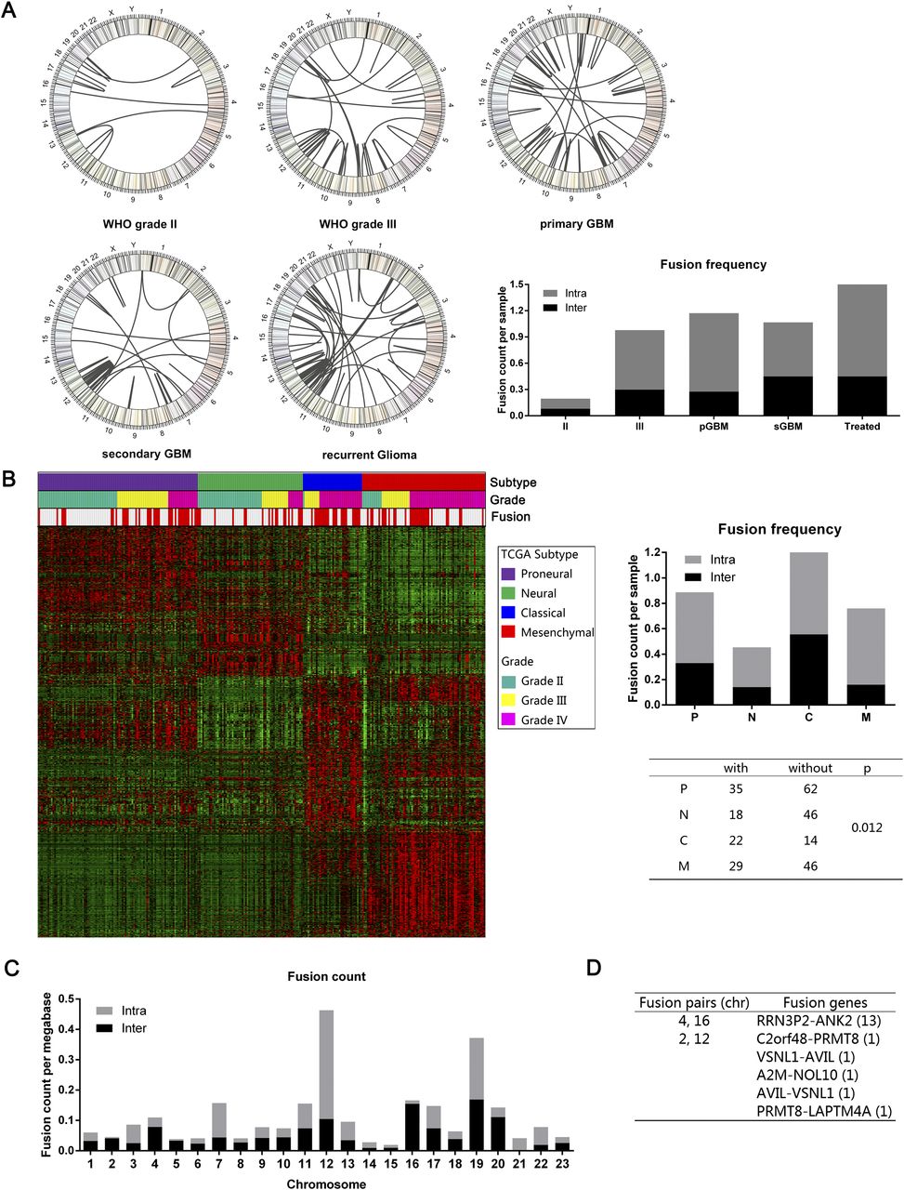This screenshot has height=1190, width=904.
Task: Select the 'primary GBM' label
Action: click(575, 224)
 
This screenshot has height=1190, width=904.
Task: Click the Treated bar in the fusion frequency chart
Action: click(861, 350)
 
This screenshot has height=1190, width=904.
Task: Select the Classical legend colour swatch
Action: click(508, 614)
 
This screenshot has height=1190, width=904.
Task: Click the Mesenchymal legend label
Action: click(557, 633)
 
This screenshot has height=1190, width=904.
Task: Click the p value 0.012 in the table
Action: click(867, 826)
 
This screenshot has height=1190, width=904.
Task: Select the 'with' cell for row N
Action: click(736, 813)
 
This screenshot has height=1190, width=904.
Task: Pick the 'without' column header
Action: click(810, 768)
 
